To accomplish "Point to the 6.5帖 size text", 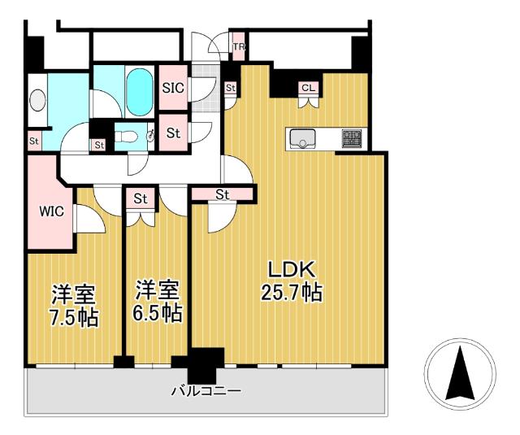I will pos(158,313).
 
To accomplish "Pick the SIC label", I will pos(173,88).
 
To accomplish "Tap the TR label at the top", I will pos(239,47).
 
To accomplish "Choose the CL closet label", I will pos(308,88).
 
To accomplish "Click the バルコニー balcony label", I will pos(206,390).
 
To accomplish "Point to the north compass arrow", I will pos(461,371).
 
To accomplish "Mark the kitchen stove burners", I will pos(352,139).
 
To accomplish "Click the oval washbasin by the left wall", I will pos(37,100).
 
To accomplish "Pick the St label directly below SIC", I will pos(173,132).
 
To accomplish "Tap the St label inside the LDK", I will pos(223,194).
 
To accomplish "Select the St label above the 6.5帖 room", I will pos(141,198).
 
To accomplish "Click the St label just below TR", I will pos(230,88).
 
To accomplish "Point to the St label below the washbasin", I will pos(34,140).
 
